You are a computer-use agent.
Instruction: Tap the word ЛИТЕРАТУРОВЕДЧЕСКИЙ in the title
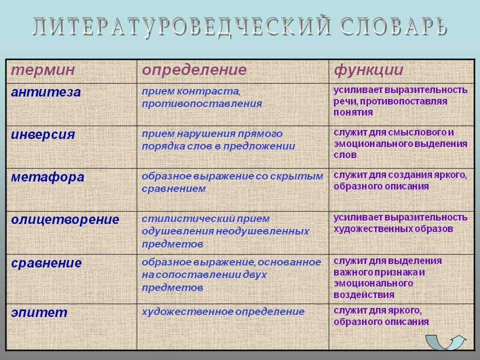pos(182,27)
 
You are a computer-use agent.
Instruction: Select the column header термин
pos(43,70)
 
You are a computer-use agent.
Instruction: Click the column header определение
pos(194,70)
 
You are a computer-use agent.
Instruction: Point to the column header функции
pos(368,70)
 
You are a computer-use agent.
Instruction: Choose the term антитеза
pos(46,92)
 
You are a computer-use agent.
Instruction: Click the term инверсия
pos(43,135)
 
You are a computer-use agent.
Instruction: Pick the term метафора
pos(47,177)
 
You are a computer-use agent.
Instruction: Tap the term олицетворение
pos(65,220)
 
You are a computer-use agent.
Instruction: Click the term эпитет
pos(39,312)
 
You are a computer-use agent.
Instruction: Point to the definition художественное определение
pos(223,312)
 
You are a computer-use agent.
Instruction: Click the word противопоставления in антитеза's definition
pos(201,104)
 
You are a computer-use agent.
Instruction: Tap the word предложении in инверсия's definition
pos(259,146)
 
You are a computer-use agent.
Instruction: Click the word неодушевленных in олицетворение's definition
pos(262,231)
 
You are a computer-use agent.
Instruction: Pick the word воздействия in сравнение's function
pos(364,295)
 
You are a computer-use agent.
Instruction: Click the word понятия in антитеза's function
pos(353,112)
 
